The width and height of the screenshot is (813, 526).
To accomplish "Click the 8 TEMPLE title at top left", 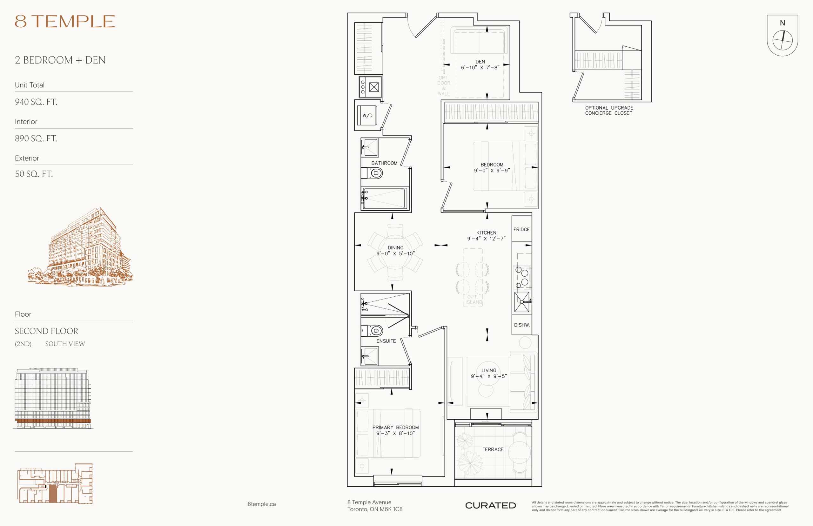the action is click(64, 22).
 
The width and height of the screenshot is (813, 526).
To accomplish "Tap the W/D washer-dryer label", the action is click(367, 115).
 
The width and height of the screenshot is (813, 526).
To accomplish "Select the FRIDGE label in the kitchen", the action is click(521, 230).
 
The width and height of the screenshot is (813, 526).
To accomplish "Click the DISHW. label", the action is click(522, 325).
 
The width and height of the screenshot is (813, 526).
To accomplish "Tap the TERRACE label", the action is click(493, 449).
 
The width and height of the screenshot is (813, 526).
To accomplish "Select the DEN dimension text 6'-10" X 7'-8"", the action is click(480, 68).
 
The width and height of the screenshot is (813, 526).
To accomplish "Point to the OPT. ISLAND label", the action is click(474, 300).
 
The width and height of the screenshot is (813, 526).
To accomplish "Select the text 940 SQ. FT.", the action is click(36, 102).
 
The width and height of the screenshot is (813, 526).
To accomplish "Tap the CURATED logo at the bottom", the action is click(490, 505).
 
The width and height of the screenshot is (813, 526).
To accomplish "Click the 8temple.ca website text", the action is click(262, 504).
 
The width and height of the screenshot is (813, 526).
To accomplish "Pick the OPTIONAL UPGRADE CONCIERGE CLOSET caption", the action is click(609, 110).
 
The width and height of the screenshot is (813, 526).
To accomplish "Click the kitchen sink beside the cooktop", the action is click(521, 302).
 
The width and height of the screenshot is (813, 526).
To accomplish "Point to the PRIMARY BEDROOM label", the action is click(395, 427).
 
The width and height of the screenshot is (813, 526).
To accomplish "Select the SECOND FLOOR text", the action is click(46, 331).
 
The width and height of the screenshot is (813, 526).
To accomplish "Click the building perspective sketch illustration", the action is click(81, 246).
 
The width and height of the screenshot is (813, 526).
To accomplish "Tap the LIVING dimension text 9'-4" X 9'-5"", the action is click(489, 376).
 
